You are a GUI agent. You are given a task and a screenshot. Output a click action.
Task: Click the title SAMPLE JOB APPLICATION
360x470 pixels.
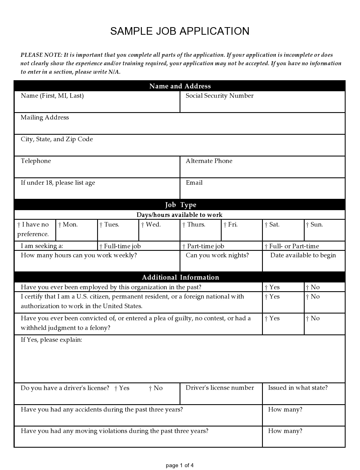click(180, 31)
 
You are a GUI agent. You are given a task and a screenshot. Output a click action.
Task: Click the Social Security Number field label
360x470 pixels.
click(219, 96)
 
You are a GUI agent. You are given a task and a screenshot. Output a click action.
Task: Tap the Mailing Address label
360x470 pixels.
click(45, 117)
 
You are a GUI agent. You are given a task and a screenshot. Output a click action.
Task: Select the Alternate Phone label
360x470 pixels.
click(209, 161)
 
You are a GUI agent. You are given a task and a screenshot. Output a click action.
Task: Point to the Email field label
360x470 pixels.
click(194, 183)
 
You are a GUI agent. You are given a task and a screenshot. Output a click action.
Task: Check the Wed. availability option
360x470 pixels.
click(143, 225)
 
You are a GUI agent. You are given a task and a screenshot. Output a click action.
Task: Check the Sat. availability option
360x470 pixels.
click(266, 225)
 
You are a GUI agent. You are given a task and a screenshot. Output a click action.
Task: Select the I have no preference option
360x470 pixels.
click(19, 225)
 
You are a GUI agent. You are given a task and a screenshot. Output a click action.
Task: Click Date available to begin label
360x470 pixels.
click(303, 255)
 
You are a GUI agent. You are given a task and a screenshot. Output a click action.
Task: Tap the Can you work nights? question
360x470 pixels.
click(217, 255)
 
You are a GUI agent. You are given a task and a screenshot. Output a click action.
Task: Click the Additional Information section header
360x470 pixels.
click(180, 277)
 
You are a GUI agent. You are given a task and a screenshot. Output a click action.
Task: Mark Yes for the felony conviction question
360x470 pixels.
click(266, 319)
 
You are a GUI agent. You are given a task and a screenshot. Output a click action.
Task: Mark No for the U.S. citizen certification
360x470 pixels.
click(307, 297)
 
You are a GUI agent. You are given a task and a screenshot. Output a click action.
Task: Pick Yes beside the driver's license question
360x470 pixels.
click(116, 388)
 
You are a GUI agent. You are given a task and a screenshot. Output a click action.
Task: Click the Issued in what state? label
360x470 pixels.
click(298, 388)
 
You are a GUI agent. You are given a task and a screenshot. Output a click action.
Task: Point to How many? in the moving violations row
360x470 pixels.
click(285, 431)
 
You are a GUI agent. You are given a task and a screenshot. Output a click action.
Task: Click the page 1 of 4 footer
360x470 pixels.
click(180, 465)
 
